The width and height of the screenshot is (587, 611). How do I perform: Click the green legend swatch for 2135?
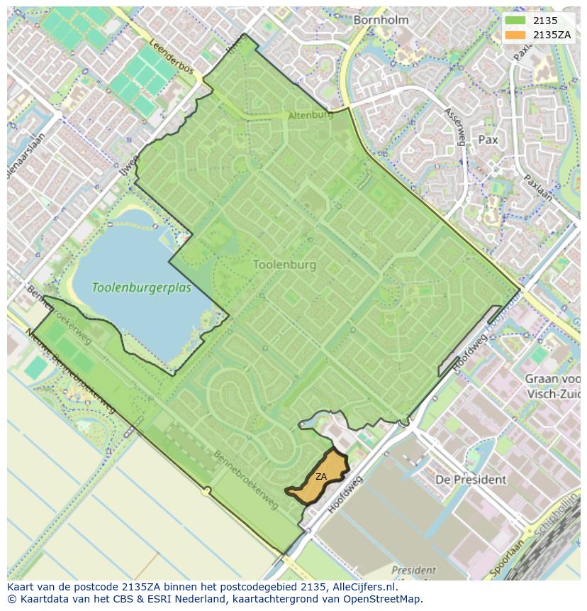(x=515, y=21)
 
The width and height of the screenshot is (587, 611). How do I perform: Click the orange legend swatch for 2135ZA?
(x=515, y=35)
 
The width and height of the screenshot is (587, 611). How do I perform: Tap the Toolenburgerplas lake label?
(x=141, y=288)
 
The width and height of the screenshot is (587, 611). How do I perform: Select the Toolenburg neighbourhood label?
(x=284, y=265)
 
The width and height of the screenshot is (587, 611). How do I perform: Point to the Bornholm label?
(x=381, y=20)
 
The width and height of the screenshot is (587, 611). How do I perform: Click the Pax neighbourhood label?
(x=488, y=140)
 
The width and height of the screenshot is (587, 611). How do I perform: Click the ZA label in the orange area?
(x=321, y=477)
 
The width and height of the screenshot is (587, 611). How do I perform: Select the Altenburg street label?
(x=311, y=115)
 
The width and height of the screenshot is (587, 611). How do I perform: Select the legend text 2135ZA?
(x=553, y=35)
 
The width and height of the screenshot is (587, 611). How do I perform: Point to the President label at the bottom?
(x=413, y=570)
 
